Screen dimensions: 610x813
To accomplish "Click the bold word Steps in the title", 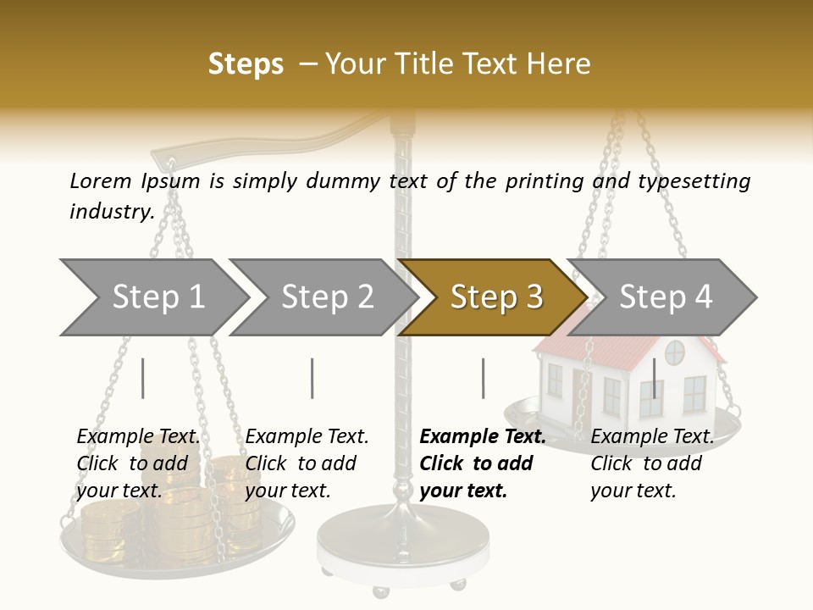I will (x=246, y=64).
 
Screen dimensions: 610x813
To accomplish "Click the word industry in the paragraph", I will (x=112, y=211).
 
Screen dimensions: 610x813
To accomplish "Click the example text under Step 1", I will (x=138, y=463).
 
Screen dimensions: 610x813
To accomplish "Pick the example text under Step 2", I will (x=307, y=463).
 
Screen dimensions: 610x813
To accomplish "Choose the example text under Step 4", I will (x=652, y=463).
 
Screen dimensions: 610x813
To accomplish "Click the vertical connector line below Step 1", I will (x=143, y=378).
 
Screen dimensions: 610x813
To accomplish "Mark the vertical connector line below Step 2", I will (x=312, y=378).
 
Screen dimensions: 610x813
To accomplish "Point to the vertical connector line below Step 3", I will (x=483, y=378).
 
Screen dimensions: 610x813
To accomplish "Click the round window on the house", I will (x=674, y=352).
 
